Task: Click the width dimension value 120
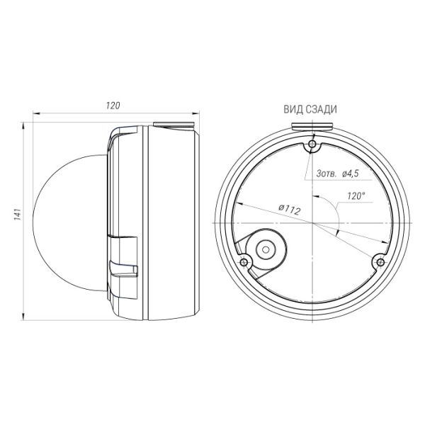click(112, 105)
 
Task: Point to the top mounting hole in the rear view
click(312, 147)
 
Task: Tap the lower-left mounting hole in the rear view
click(245, 262)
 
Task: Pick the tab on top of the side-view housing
click(174, 125)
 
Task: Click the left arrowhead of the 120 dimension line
click(37, 113)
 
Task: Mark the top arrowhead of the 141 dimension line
click(25, 125)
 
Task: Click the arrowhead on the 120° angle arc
click(338, 232)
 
